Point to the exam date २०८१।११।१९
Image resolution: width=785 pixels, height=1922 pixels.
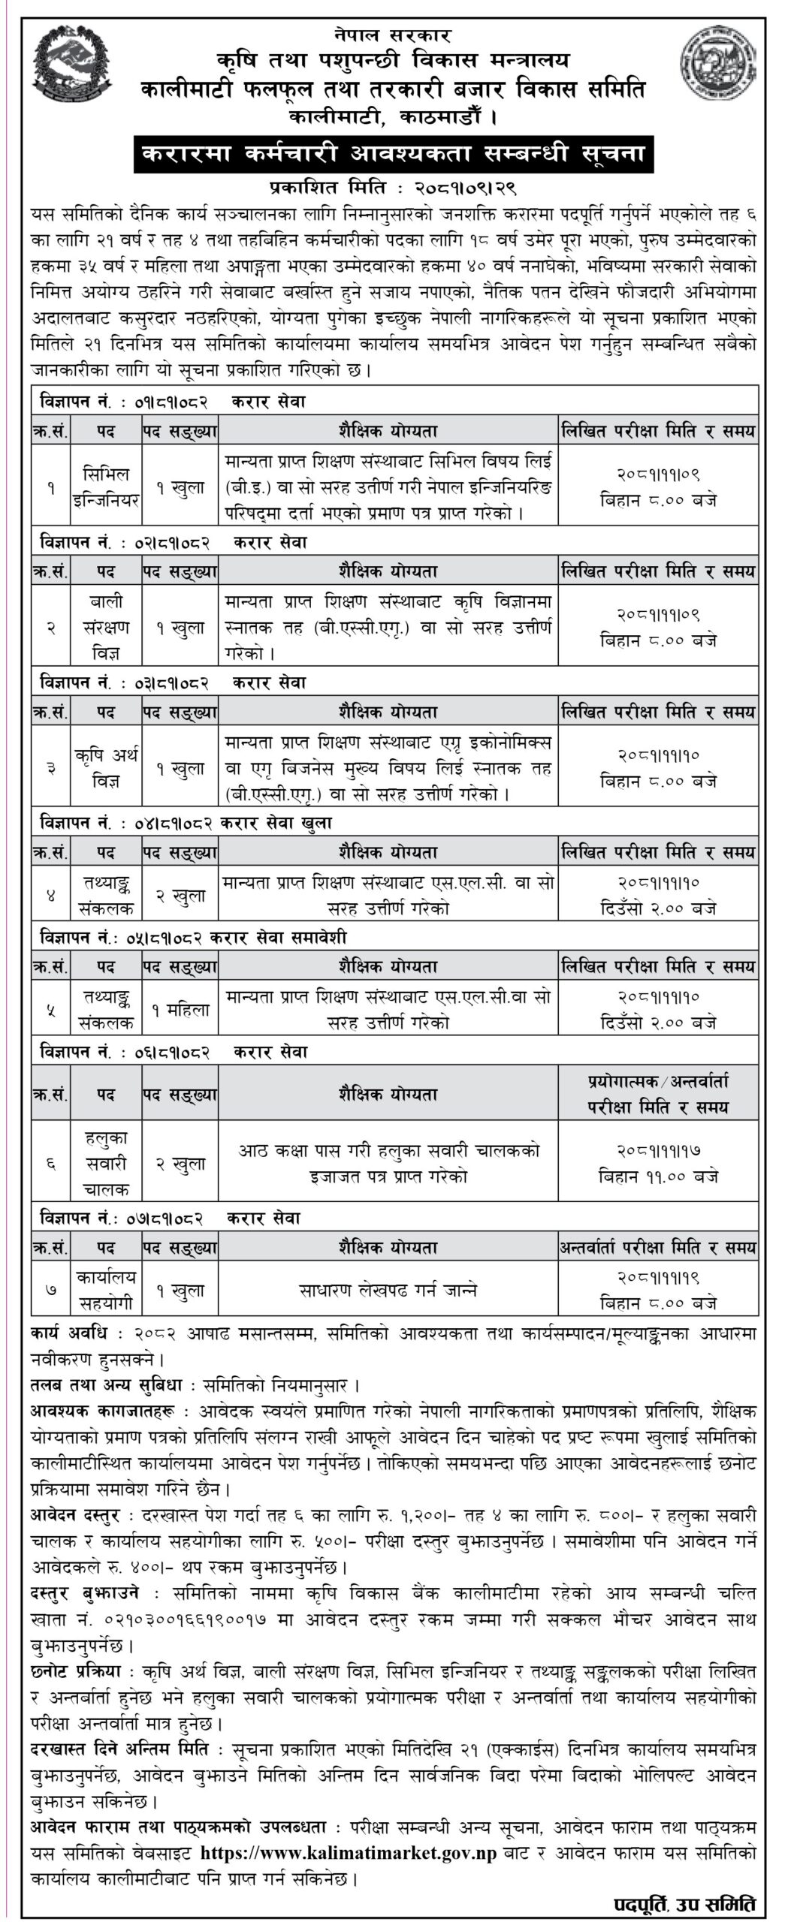point(658,1277)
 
